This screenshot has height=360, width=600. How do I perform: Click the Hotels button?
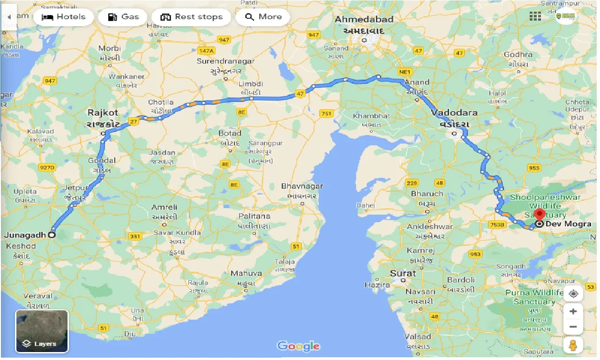click(x=64, y=17)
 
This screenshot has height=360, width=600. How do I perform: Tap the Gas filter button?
click(x=123, y=17)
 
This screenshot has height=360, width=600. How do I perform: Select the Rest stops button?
click(x=191, y=17)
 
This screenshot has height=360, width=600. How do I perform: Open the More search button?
click(x=262, y=17)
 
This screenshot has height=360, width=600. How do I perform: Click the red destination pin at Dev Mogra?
click(x=539, y=216)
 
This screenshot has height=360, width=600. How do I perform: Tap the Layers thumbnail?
click(x=42, y=331)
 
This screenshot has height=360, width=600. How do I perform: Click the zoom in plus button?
click(x=573, y=311)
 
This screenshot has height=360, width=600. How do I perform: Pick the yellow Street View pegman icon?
click(x=573, y=345)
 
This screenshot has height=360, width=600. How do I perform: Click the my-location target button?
click(x=573, y=294)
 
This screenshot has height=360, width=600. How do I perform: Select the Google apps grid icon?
click(x=535, y=17)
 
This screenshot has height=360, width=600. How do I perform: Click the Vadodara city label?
click(x=454, y=113)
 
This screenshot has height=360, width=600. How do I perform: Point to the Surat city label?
click(x=403, y=273)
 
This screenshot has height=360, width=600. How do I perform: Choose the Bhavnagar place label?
click(x=302, y=186)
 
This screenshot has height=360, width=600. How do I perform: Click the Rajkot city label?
click(x=103, y=113)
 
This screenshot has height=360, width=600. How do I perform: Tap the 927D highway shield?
click(x=47, y=167)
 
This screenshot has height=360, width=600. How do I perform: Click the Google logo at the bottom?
click(x=299, y=346)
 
